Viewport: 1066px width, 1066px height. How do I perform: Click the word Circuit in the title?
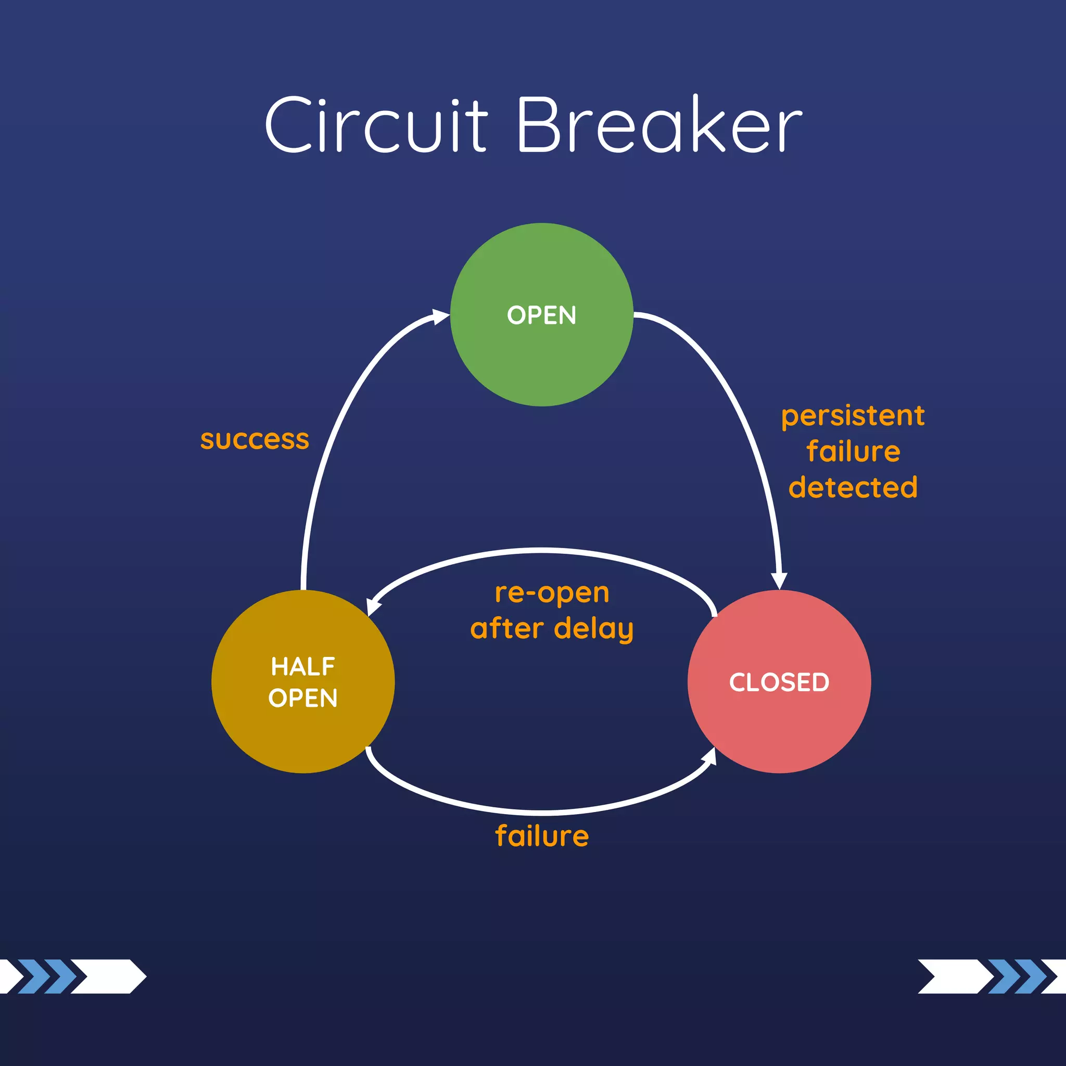pos(376,126)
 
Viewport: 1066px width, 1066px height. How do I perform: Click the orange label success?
pos(255,440)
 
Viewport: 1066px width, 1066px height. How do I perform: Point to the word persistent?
pos(853,415)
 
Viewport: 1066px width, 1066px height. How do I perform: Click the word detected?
pos(853,487)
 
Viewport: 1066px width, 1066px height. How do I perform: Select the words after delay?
pos(552,628)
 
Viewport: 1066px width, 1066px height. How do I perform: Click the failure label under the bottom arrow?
pos(542,835)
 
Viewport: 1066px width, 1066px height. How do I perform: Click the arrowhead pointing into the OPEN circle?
pos(441,316)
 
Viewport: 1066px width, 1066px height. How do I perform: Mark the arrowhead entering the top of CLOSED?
pos(779,581)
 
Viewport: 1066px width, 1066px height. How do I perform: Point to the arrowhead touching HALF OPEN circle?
pos(373,607)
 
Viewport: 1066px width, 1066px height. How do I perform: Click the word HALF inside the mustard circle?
pos(303,667)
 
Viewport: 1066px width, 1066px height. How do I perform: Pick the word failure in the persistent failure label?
pos(853,451)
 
